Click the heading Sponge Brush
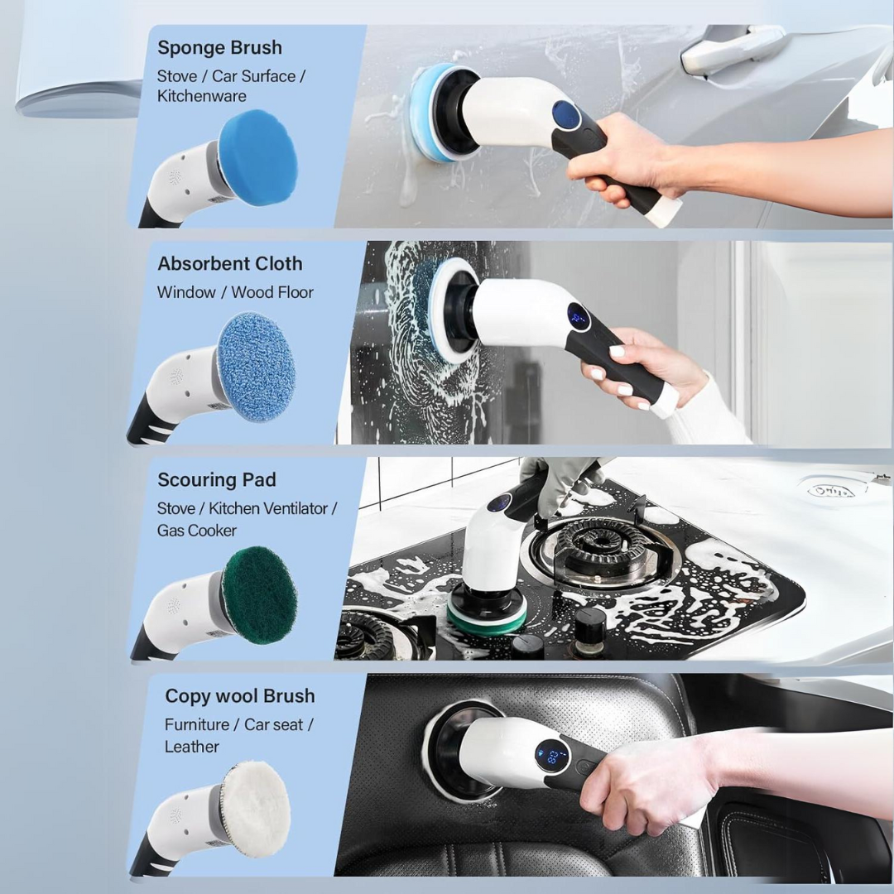pos(219,48)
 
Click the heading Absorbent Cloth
pos(230,264)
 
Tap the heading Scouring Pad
pos(217,480)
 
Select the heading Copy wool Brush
pos(240,696)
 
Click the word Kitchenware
pos(202,96)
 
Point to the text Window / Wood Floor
pos(235,292)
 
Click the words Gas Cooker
pos(197,531)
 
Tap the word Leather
pos(192,747)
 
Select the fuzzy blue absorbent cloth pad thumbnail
pos(257,368)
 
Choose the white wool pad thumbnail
pos(256,808)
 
